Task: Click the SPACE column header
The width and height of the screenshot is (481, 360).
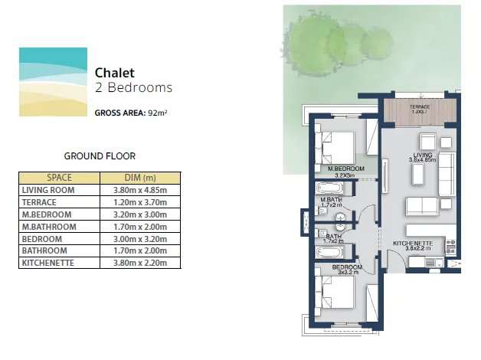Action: (x=59, y=177)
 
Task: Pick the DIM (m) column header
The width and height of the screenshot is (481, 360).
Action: (x=140, y=177)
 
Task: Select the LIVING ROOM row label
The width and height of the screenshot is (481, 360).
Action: (x=48, y=190)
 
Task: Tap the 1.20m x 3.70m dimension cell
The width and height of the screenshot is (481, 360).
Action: (x=140, y=202)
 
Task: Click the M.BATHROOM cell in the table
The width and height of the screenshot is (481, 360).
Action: (x=48, y=227)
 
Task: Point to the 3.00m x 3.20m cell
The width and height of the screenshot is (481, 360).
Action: (x=140, y=239)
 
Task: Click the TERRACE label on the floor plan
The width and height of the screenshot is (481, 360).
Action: (x=419, y=106)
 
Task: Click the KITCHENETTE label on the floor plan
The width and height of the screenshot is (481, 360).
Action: (x=413, y=244)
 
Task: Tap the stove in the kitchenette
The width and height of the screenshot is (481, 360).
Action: (x=450, y=247)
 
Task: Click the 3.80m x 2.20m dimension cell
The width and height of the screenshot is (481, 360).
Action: (x=140, y=263)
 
